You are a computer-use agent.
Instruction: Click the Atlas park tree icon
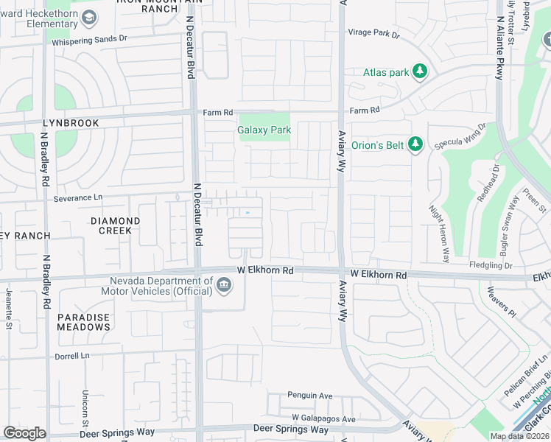tap(419, 71)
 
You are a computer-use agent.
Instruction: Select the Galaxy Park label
tap(264, 130)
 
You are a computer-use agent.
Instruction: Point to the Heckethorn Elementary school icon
tap(88, 17)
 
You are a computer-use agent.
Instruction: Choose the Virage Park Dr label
tap(373, 35)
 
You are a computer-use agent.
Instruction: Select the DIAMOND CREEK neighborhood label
tap(115, 225)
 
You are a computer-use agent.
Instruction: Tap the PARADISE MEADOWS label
tap(83, 322)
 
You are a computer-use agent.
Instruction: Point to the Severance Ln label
tap(78, 198)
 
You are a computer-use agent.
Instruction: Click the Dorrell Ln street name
tap(71, 356)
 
